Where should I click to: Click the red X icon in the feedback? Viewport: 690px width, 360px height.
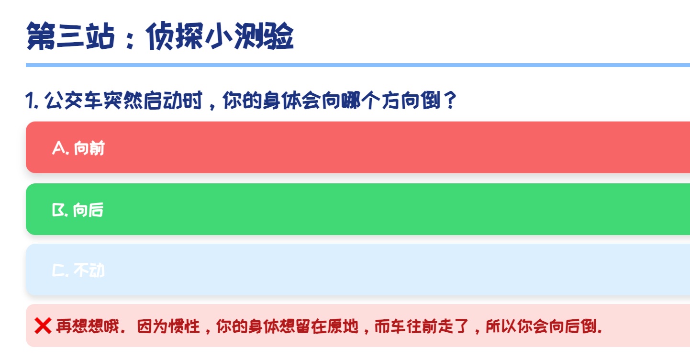[43, 326]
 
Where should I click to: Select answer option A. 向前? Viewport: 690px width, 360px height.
[358, 147]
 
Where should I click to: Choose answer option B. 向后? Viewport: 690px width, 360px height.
[358, 209]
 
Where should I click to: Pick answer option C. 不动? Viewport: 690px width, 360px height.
[358, 270]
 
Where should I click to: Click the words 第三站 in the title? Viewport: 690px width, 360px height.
[70, 36]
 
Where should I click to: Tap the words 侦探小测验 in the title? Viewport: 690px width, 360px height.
[220, 36]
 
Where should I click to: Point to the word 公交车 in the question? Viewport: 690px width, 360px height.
[74, 100]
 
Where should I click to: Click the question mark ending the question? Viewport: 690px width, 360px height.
[450, 100]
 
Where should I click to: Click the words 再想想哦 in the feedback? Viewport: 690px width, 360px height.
[88, 326]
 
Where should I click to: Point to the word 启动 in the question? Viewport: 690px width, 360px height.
[163, 100]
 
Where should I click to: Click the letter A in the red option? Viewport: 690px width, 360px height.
[59, 147]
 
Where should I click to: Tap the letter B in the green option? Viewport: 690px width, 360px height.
[58, 210]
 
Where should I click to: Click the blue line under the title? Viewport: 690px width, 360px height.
[358, 65]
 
